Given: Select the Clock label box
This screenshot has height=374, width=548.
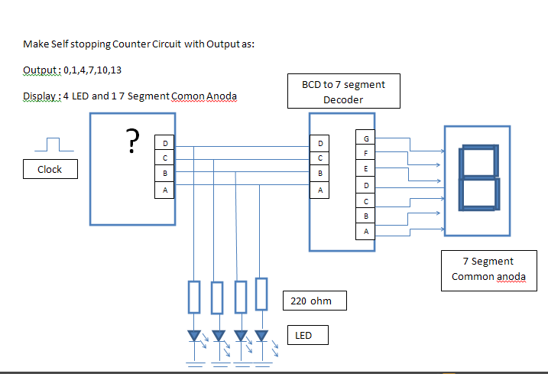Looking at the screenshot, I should tap(50, 169).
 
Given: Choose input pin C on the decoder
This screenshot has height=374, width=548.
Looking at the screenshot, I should tap(320, 158).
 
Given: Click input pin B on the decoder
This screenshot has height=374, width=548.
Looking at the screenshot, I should tap(320, 174).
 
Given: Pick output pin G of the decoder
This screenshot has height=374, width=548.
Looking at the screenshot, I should tap(365, 138).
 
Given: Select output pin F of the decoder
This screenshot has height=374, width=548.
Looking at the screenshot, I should tap(365, 154).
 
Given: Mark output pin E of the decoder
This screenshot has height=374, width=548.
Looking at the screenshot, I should tap(365, 169).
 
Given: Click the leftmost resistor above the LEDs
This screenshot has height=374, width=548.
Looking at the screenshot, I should tap(194, 297).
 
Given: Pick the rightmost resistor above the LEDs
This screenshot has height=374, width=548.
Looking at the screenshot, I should tap(261, 294).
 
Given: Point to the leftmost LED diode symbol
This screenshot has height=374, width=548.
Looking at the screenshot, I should tap(194, 336).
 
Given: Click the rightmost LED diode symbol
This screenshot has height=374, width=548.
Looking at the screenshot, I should tap(261, 336).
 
